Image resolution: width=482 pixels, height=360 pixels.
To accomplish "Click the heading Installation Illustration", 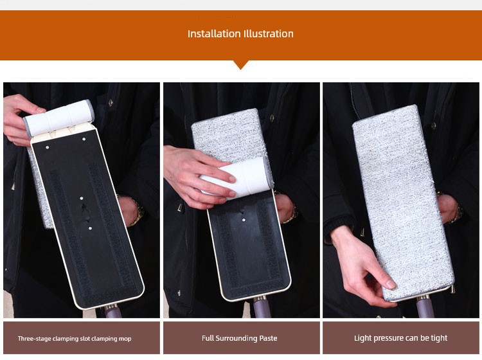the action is (x=240, y=33).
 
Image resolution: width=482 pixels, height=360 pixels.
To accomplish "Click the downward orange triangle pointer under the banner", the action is (x=241, y=64).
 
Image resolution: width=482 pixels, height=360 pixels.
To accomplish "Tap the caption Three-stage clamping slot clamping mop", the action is (x=75, y=339).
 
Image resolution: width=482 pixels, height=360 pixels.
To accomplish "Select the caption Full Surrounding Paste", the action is (x=240, y=338).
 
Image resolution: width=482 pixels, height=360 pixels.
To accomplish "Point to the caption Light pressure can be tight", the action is (x=400, y=338).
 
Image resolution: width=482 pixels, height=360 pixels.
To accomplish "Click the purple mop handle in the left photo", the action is (x=111, y=311).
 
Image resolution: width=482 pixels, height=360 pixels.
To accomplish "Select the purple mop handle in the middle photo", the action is (x=262, y=308).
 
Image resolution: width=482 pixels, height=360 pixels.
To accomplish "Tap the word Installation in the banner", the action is (x=214, y=33).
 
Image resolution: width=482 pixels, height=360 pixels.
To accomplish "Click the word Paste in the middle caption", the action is (x=268, y=338).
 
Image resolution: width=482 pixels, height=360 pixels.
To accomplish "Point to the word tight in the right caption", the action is (x=439, y=338).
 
